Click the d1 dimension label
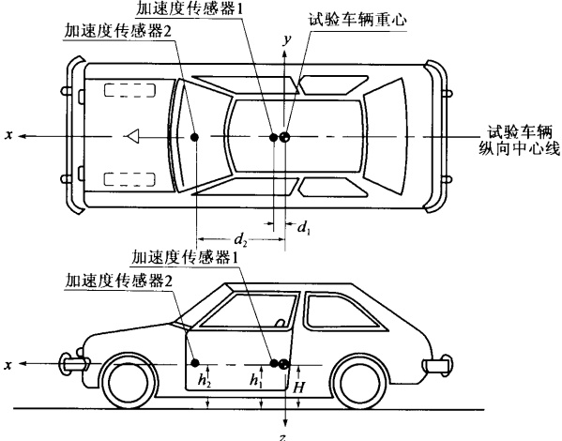[304, 227]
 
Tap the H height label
[299, 388]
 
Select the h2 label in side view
[205, 380]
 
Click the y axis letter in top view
[286, 40]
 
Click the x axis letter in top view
[9, 135]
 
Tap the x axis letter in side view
[8, 365]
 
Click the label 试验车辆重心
[357, 20]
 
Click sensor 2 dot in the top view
[194, 137]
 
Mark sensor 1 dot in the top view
[273, 137]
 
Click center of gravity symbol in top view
[285, 137]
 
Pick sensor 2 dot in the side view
[195, 363]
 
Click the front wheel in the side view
[128, 382]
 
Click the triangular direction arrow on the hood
[132, 136]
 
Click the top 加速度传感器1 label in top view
[190, 8]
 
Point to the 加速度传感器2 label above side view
[118, 281]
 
